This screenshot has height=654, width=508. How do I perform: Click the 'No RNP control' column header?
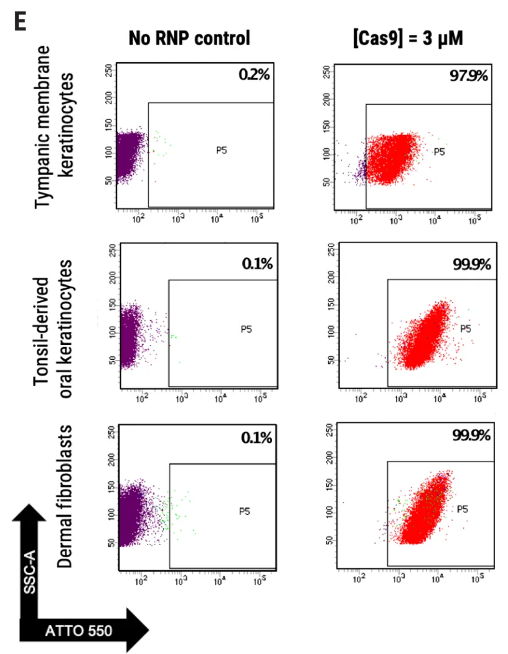tap(189, 38)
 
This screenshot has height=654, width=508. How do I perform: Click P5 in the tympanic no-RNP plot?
tap(221, 151)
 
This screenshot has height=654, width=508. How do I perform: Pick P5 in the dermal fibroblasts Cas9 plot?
tap(463, 509)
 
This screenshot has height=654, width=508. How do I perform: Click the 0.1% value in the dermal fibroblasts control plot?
tap(256, 437)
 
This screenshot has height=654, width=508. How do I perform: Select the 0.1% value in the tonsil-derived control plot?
tap(256, 264)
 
